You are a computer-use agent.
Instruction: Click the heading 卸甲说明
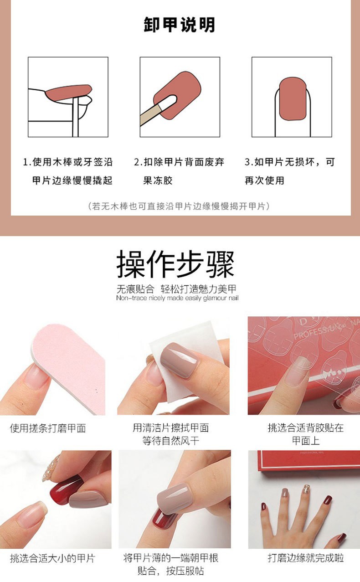180,25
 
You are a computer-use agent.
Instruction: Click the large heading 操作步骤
175,264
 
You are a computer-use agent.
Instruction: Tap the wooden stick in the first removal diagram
75,116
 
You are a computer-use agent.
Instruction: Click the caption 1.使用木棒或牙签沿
68,162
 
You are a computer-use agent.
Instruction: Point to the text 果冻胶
158,180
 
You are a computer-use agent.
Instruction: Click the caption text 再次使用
264,180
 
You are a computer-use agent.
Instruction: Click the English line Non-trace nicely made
177,298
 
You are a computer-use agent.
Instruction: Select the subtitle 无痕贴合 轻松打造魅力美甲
177,289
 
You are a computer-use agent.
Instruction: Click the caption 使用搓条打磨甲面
48,428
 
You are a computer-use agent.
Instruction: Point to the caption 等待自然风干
171,441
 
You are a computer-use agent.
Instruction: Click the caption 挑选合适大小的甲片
52,558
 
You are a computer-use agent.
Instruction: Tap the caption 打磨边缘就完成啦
305,558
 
